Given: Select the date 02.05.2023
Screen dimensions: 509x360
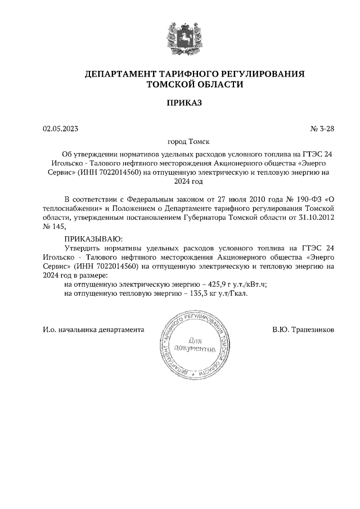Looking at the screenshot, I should (61, 128).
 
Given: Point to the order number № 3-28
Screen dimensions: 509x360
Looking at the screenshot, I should (322, 128).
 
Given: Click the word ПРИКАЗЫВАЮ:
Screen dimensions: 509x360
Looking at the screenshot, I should (93, 240).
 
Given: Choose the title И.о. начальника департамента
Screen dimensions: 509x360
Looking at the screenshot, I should (93, 329).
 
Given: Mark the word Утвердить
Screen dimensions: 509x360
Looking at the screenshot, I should (82, 248).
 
